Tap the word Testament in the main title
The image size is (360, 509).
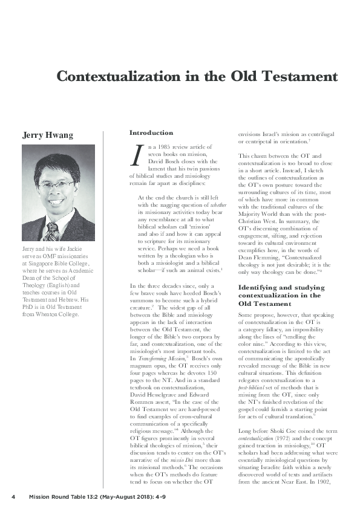point(299,77)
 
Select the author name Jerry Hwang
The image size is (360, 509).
point(48,134)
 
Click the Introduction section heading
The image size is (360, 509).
point(151,132)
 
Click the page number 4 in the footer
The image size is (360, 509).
point(13,497)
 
